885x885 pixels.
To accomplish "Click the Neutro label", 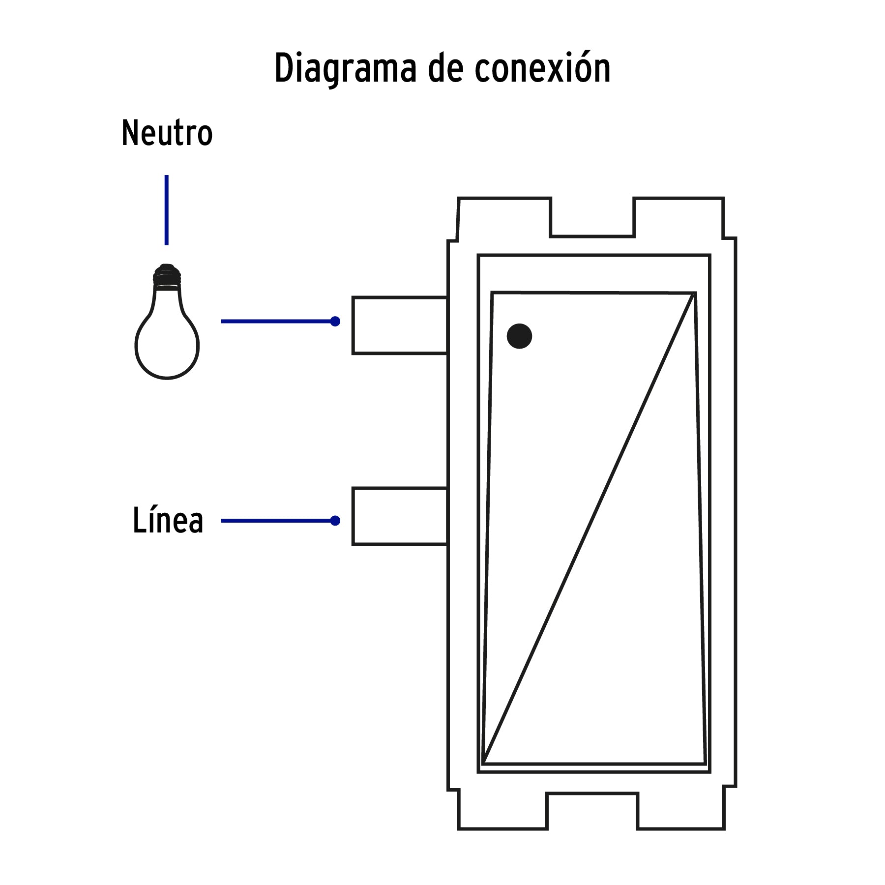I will coord(167,133).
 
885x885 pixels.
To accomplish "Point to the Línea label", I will coord(168,521).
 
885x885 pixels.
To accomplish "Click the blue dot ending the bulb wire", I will coord(335,322).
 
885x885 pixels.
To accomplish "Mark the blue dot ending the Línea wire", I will coord(335,521).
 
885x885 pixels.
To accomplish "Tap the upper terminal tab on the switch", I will coord(399,325).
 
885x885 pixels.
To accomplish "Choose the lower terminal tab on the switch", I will coord(399,516).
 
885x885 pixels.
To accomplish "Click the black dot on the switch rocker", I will coord(519,336).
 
